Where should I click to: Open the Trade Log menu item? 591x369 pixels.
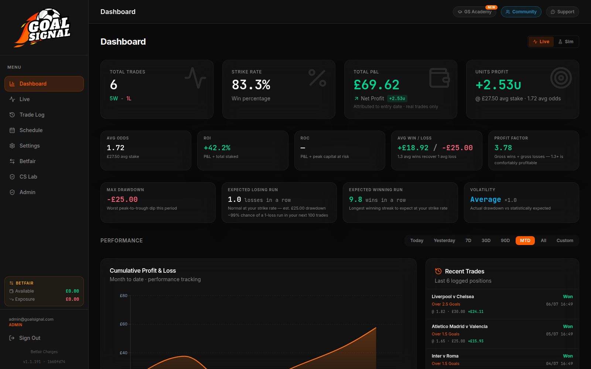[x=32, y=115]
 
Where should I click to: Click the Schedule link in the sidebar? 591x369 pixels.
[x=31, y=130]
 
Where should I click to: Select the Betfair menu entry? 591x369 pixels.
[x=27, y=161]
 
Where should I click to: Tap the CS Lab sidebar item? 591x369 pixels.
[x=28, y=177]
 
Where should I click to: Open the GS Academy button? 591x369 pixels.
[x=474, y=12]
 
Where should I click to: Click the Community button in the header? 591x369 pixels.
[x=521, y=12]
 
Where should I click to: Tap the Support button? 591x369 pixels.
[x=563, y=12]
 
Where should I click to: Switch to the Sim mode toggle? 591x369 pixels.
[x=566, y=42]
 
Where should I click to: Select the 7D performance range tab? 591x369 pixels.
[x=468, y=240]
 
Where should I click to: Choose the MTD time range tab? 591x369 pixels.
[x=525, y=240]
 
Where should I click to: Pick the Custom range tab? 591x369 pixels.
[x=565, y=240]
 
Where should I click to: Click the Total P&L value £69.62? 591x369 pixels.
[x=376, y=85]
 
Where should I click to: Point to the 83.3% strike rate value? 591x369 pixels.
[x=251, y=85]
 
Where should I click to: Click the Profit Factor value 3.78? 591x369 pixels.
[x=503, y=148]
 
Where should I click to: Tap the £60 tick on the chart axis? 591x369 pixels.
[x=123, y=324]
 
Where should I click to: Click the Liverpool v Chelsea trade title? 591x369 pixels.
[x=453, y=297]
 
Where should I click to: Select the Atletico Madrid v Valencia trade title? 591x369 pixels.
[x=460, y=326]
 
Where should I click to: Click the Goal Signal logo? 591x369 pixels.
[x=42, y=28]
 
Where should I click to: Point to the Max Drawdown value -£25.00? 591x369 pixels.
[x=122, y=199]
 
